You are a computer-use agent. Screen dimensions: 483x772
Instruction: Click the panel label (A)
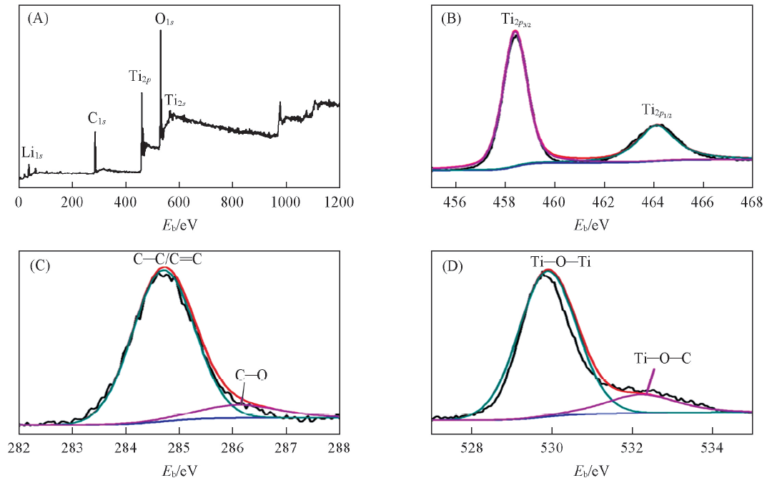[37, 19]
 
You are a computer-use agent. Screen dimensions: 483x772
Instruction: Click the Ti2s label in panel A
[176, 100]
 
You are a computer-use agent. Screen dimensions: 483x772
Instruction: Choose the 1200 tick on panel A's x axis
[339, 203]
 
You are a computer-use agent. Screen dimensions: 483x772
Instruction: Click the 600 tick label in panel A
[179, 203]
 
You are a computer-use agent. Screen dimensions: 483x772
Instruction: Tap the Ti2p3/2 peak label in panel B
[515, 20]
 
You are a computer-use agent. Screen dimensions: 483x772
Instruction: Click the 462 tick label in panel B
[604, 203]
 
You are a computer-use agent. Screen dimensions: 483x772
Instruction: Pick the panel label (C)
[37, 267]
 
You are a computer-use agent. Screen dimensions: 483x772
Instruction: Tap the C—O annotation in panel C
[252, 375]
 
